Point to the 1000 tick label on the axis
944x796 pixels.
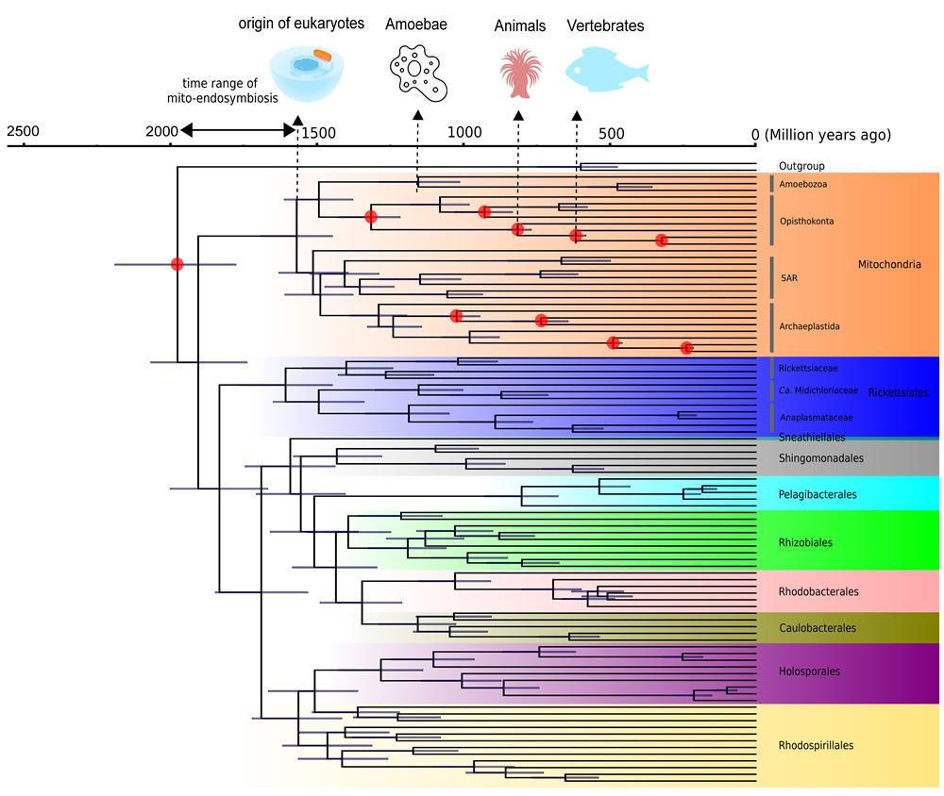point(464,133)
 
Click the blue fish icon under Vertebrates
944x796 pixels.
point(606,70)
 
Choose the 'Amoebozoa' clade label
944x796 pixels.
point(803,184)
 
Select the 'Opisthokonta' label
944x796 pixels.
point(807,221)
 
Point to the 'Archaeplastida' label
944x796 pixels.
point(810,326)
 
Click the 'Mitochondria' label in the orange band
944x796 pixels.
point(888,265)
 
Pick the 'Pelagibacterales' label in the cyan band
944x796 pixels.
point(818,494)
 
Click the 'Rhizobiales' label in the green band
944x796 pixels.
point(805,542)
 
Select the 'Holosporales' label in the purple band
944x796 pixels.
point(809,672)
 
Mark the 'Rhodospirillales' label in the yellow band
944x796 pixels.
point(816,745)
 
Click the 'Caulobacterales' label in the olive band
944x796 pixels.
point(818,628)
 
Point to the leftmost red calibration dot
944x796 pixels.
point(177,264)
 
